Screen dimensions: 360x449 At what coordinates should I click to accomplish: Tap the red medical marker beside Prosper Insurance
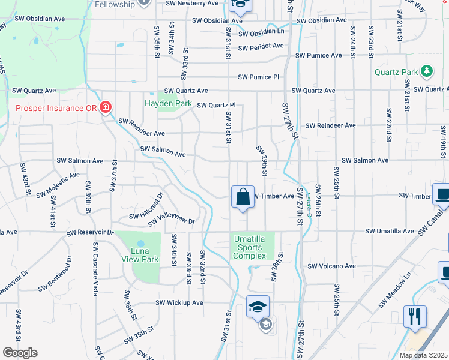pos(106,108)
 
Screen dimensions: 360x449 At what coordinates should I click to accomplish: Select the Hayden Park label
pos(168,103)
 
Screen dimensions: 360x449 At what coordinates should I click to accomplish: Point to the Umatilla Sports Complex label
pos(250,247)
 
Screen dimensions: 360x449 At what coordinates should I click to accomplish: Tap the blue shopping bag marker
pos(243,197)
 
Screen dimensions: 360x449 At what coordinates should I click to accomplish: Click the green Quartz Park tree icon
pos(427,72)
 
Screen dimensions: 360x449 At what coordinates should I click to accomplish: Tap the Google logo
pos(20,353)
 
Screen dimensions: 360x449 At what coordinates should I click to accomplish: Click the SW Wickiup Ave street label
pos(179,303)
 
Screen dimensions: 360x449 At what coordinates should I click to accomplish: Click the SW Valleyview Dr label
pos(168,221)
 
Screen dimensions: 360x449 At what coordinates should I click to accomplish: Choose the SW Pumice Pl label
pos(259,77)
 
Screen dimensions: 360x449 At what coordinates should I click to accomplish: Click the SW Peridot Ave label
pos(261,47)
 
